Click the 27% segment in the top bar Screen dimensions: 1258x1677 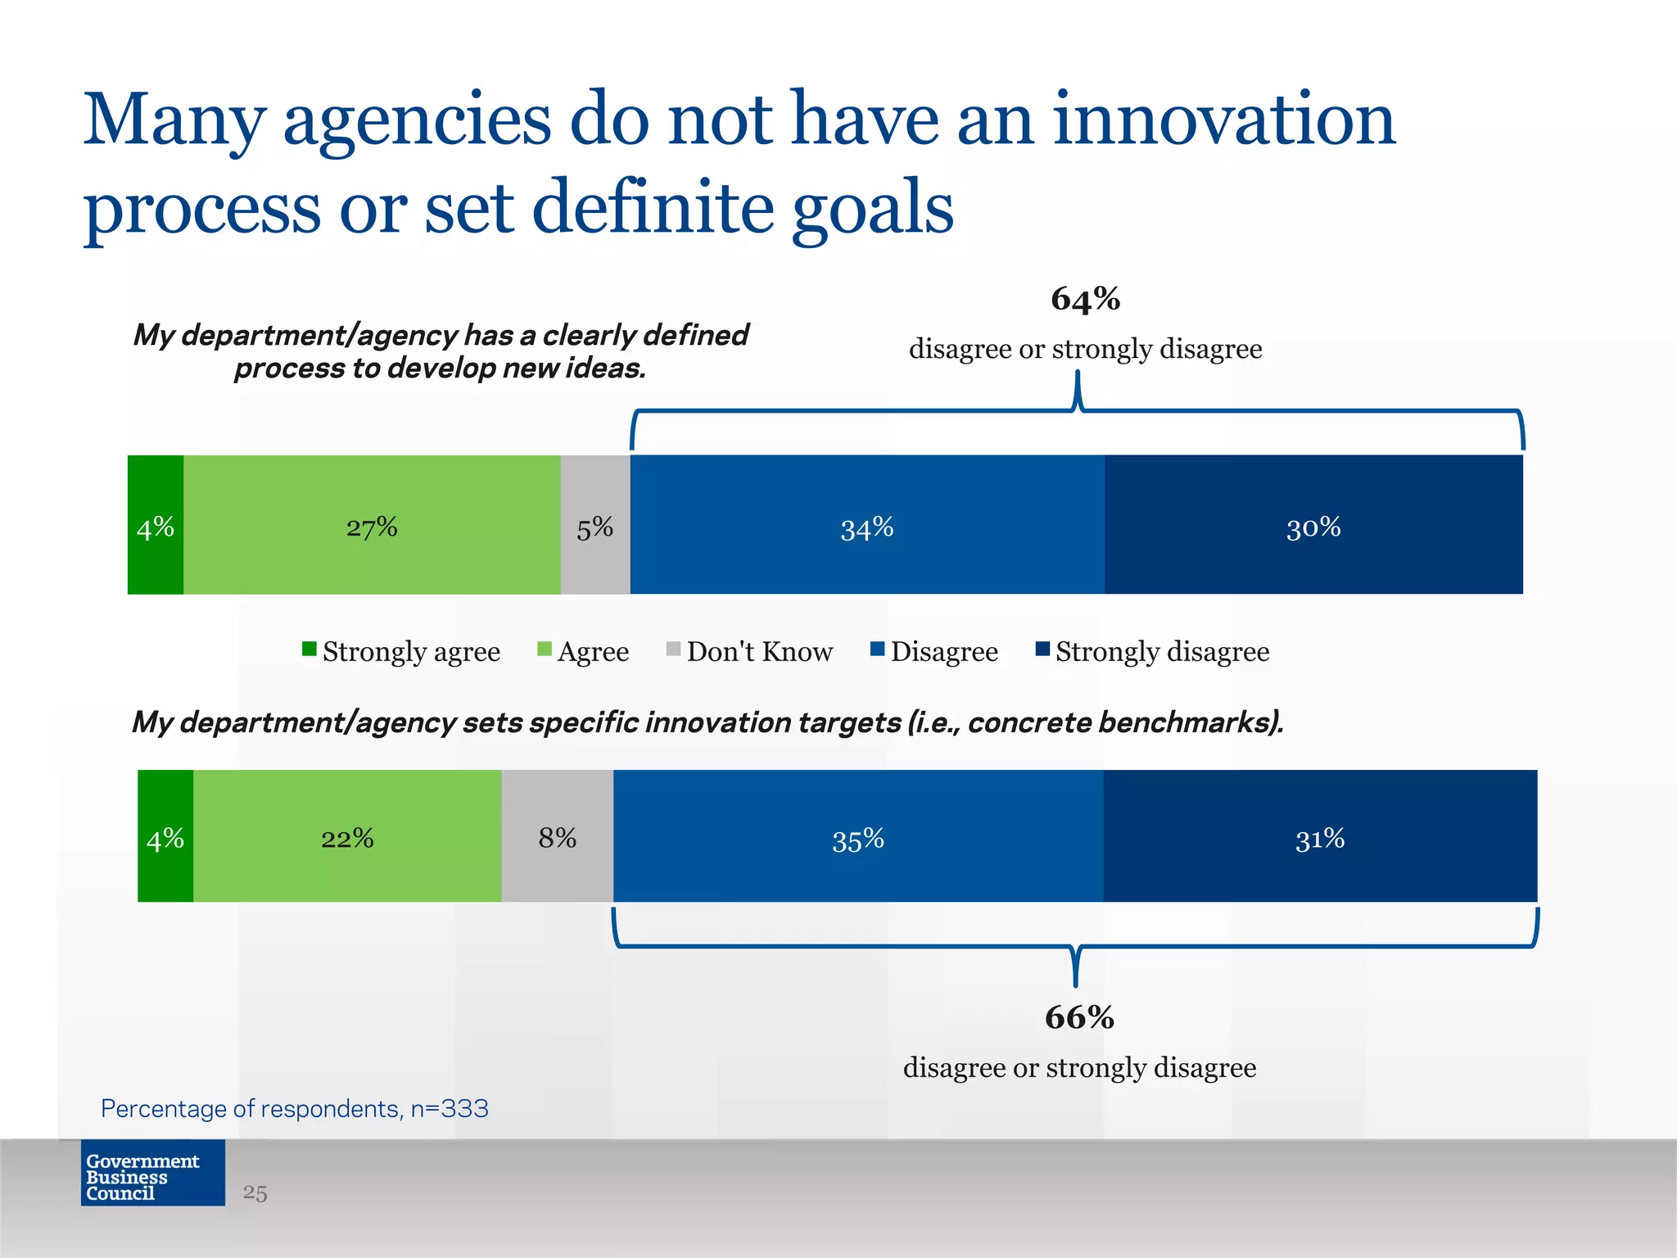click(372, 525)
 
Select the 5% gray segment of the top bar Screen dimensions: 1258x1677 click(595, 525)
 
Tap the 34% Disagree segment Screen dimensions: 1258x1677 click(867, 525)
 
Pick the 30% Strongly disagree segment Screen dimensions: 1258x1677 click(1313, 525)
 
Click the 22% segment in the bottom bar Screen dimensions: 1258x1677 click(347, 836)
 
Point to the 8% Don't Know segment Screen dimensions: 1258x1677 click(557, 836)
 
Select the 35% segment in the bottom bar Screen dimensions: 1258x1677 click(858, 836)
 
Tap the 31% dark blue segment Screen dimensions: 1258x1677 click(1320, 836)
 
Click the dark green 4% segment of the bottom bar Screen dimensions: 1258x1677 click(165, 836)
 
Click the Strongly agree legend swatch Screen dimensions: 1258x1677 click(309, 649)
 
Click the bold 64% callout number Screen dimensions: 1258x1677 click(1085, 299)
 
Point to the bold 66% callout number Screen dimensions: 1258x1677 click(1079, 1018)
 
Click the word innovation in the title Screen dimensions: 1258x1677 click(1223, 120)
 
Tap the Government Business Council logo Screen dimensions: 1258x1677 click(153, 1173)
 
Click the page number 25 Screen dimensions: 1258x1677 click(255, 1193)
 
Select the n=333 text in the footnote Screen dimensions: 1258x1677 click(449, 1108)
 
